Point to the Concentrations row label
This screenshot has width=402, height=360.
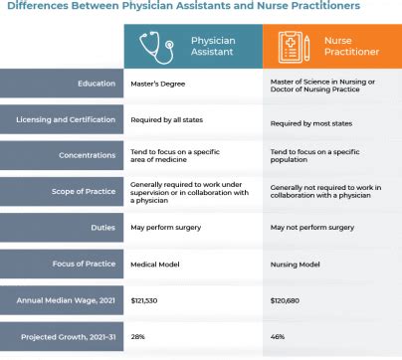pos(87,156)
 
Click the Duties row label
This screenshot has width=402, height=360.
pos(102,227)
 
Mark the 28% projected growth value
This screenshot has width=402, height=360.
pos(137,335)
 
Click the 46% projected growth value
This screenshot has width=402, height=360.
pos(278,335)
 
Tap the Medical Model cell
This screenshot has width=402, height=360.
pos(155,263)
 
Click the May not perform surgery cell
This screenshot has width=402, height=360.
pos(312,228)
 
